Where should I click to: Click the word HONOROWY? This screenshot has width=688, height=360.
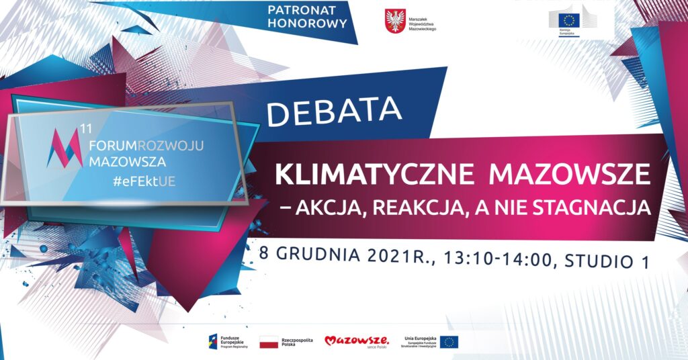(x=307, y=24)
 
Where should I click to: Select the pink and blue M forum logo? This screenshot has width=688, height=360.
(x=66, y=145)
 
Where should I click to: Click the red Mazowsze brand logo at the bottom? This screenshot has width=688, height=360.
(x=357, y=342)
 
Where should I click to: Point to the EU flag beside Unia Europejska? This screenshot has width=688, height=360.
(x=449, y=342)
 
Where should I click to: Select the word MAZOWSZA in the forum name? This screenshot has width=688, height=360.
(x=126, y=161)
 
